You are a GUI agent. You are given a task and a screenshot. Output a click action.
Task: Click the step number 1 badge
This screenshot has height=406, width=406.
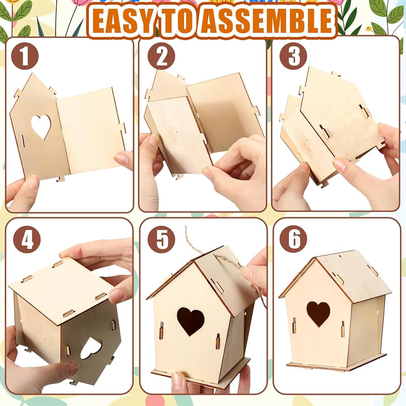click(x=25, y=56)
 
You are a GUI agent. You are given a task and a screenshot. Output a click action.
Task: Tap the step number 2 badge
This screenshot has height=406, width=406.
click(x=161, y=56)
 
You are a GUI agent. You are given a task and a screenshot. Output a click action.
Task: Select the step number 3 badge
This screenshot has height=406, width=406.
click(x=294, y=56)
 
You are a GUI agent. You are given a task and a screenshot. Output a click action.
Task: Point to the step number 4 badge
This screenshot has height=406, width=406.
click(x=27, y=240)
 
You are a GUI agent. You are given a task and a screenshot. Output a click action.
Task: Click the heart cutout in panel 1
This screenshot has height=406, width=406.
click(x=41, y=127)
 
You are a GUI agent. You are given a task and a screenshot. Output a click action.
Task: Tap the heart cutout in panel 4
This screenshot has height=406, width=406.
click(x=91, y=348)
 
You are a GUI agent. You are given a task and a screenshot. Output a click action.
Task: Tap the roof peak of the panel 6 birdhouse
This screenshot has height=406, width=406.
click(x=315, y=258)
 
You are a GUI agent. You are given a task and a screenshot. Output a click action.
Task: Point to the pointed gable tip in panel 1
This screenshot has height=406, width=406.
click(x=33, y=74)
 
